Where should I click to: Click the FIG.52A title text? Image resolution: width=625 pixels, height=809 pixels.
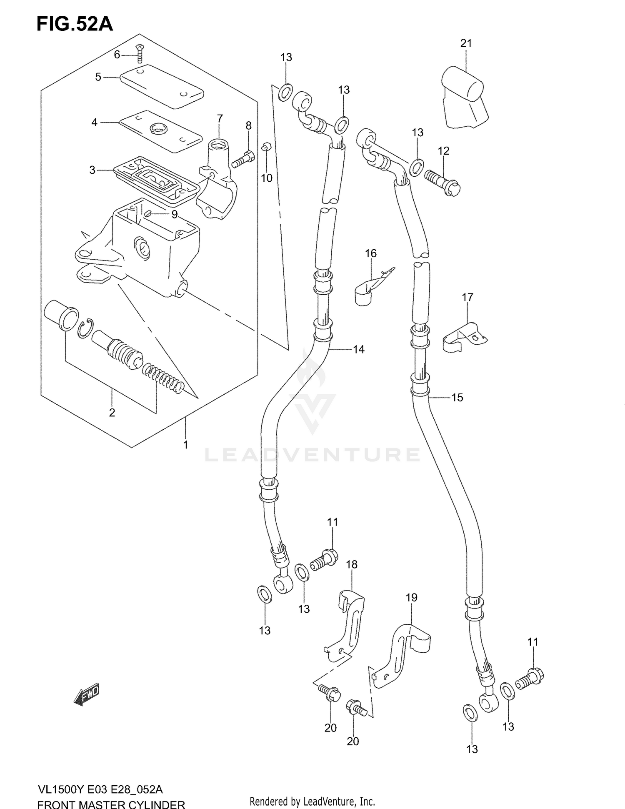[75, 24]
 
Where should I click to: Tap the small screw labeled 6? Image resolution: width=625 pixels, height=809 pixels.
[140, 54]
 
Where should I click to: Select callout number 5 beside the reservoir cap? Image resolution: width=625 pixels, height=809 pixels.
[98, 77]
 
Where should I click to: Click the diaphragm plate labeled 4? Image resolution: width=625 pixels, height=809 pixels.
[160, 131]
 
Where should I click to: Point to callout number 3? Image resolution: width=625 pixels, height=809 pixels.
[92, 170]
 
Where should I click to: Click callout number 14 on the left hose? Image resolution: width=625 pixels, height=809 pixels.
[358, 350]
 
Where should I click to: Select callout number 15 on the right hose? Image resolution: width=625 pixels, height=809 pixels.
[457, 398]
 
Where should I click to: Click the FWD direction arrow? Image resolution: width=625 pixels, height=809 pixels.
[87, 694]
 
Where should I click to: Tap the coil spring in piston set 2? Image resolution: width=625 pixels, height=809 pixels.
[163, 378]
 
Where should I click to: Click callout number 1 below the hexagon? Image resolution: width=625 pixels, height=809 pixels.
[185, 445]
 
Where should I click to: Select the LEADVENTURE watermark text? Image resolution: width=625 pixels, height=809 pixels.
[312, 455]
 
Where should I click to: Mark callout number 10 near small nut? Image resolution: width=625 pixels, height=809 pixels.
[266, 178]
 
